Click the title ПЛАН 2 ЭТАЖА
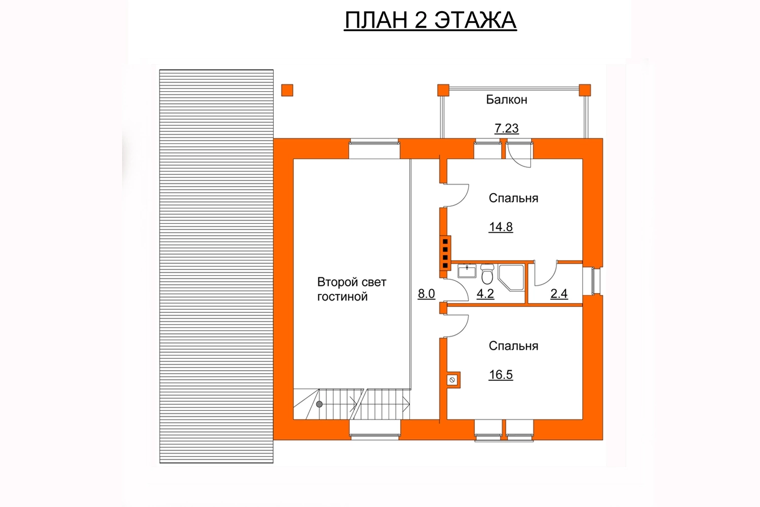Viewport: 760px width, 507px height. [x=430, y=20]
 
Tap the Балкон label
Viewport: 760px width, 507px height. [x=507, y=99]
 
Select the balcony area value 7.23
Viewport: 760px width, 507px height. [x=507, y=128]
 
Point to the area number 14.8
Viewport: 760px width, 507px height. [x=501, y=227]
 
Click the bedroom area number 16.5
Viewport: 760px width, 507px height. [x=501, y=375]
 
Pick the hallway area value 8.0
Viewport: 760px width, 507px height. [x=426, y=294]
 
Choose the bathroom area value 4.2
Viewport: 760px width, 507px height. [x=485, y=294]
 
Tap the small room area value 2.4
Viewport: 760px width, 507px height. [x=559, y=294]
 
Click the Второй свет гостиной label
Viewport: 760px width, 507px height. [x=352, y=289]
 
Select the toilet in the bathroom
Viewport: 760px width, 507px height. [x=487, y=274]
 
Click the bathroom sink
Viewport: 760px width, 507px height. [x=467, y=271]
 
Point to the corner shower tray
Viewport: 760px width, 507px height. [x=511, y=277]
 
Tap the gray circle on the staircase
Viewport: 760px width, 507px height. [x=319, y=404]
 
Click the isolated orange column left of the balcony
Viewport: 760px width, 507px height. [x=287, y=90]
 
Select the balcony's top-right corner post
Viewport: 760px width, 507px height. [x=585, y=90]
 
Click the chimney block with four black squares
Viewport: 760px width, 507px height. [x=445, y=253]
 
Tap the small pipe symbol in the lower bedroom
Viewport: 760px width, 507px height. [x=452, y=380]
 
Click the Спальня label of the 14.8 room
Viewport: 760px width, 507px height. [x=513, y=198]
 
